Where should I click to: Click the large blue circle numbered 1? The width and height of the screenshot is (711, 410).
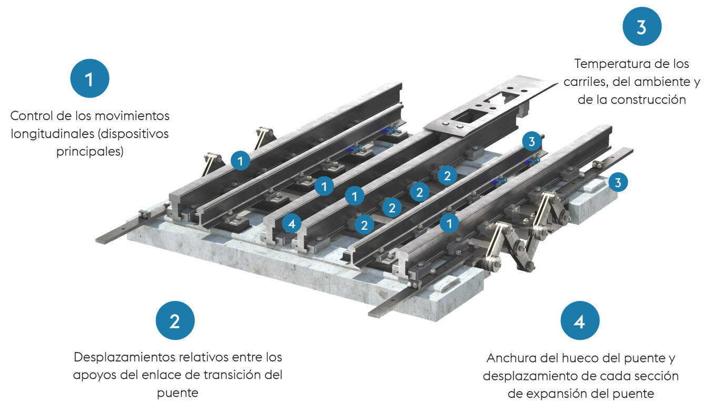[90, 79]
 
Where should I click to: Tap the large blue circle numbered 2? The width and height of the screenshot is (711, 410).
[175, 320]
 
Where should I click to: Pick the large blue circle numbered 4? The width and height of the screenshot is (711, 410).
[580, 320]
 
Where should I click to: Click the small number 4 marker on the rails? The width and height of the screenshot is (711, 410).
[291, 223]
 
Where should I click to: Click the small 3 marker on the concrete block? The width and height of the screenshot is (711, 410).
[618, 183]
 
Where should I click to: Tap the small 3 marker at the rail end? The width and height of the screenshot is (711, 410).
[531, 141]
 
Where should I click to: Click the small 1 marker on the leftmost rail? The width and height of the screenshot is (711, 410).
[240, 160]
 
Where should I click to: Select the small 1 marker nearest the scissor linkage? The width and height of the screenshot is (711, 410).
[449, 223]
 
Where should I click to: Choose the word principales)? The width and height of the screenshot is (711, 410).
[90, 151]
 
